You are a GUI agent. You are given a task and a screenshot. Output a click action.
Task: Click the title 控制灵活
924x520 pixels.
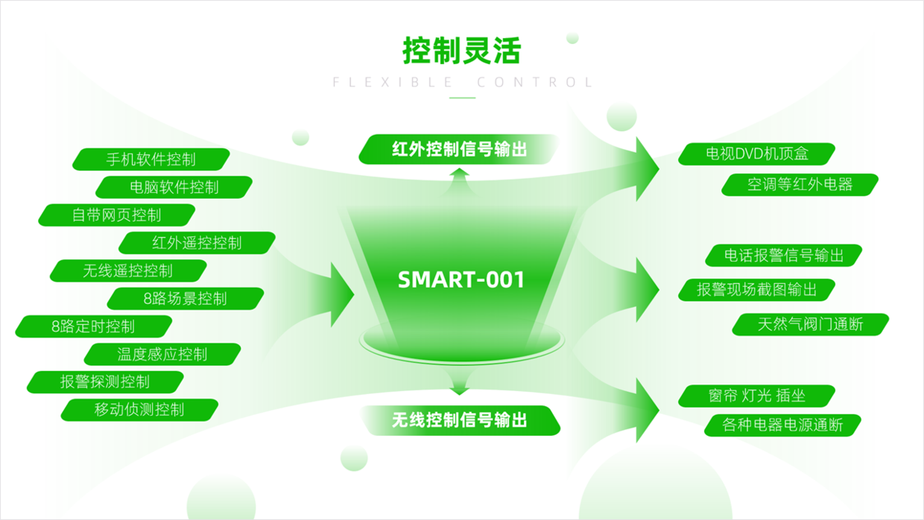[x=462, y=51]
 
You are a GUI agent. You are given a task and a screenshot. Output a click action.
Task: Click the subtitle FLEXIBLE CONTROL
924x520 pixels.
[x=463, y=82]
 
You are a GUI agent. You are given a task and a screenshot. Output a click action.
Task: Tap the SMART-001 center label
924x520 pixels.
[x=461, y=279]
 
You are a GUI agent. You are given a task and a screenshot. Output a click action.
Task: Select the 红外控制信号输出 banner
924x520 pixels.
[x=459, y=149]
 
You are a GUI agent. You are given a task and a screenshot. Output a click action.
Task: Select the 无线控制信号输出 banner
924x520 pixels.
[x=459, y=420]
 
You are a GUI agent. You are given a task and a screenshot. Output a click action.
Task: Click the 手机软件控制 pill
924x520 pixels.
[x=151, y=159]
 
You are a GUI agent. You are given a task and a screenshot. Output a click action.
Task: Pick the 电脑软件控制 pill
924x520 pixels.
[x=174, y=187]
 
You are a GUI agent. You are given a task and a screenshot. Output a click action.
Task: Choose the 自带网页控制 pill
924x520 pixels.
[x=117, y=215]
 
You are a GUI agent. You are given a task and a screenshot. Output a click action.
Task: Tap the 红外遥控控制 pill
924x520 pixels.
[x=197, y=243]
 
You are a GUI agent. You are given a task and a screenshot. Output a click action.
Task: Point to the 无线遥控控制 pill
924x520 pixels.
[x=128, y=270]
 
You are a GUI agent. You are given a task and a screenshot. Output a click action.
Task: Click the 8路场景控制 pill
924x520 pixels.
[x=186, y=299]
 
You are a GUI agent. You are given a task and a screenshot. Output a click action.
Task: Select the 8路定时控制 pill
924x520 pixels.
[x=94, y=326]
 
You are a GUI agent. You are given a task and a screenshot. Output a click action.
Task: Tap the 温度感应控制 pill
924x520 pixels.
[x=162, y=354]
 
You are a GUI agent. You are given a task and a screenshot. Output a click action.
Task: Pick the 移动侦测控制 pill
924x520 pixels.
[x=139, y=410]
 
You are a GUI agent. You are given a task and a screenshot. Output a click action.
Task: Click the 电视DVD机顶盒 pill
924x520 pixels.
[x=757, y=153]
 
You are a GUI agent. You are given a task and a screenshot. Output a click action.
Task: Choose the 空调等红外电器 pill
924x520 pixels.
[x=800, y=185]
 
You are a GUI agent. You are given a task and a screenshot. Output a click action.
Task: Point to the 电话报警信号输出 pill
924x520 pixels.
[x=784, y=256]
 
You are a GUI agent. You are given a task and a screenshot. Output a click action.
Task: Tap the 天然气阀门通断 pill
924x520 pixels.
[x=811, y=325]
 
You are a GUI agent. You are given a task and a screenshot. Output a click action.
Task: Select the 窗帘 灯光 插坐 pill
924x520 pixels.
[x=757, y=396]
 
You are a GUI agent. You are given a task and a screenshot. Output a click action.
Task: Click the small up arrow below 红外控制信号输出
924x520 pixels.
[x=459, y=182]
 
